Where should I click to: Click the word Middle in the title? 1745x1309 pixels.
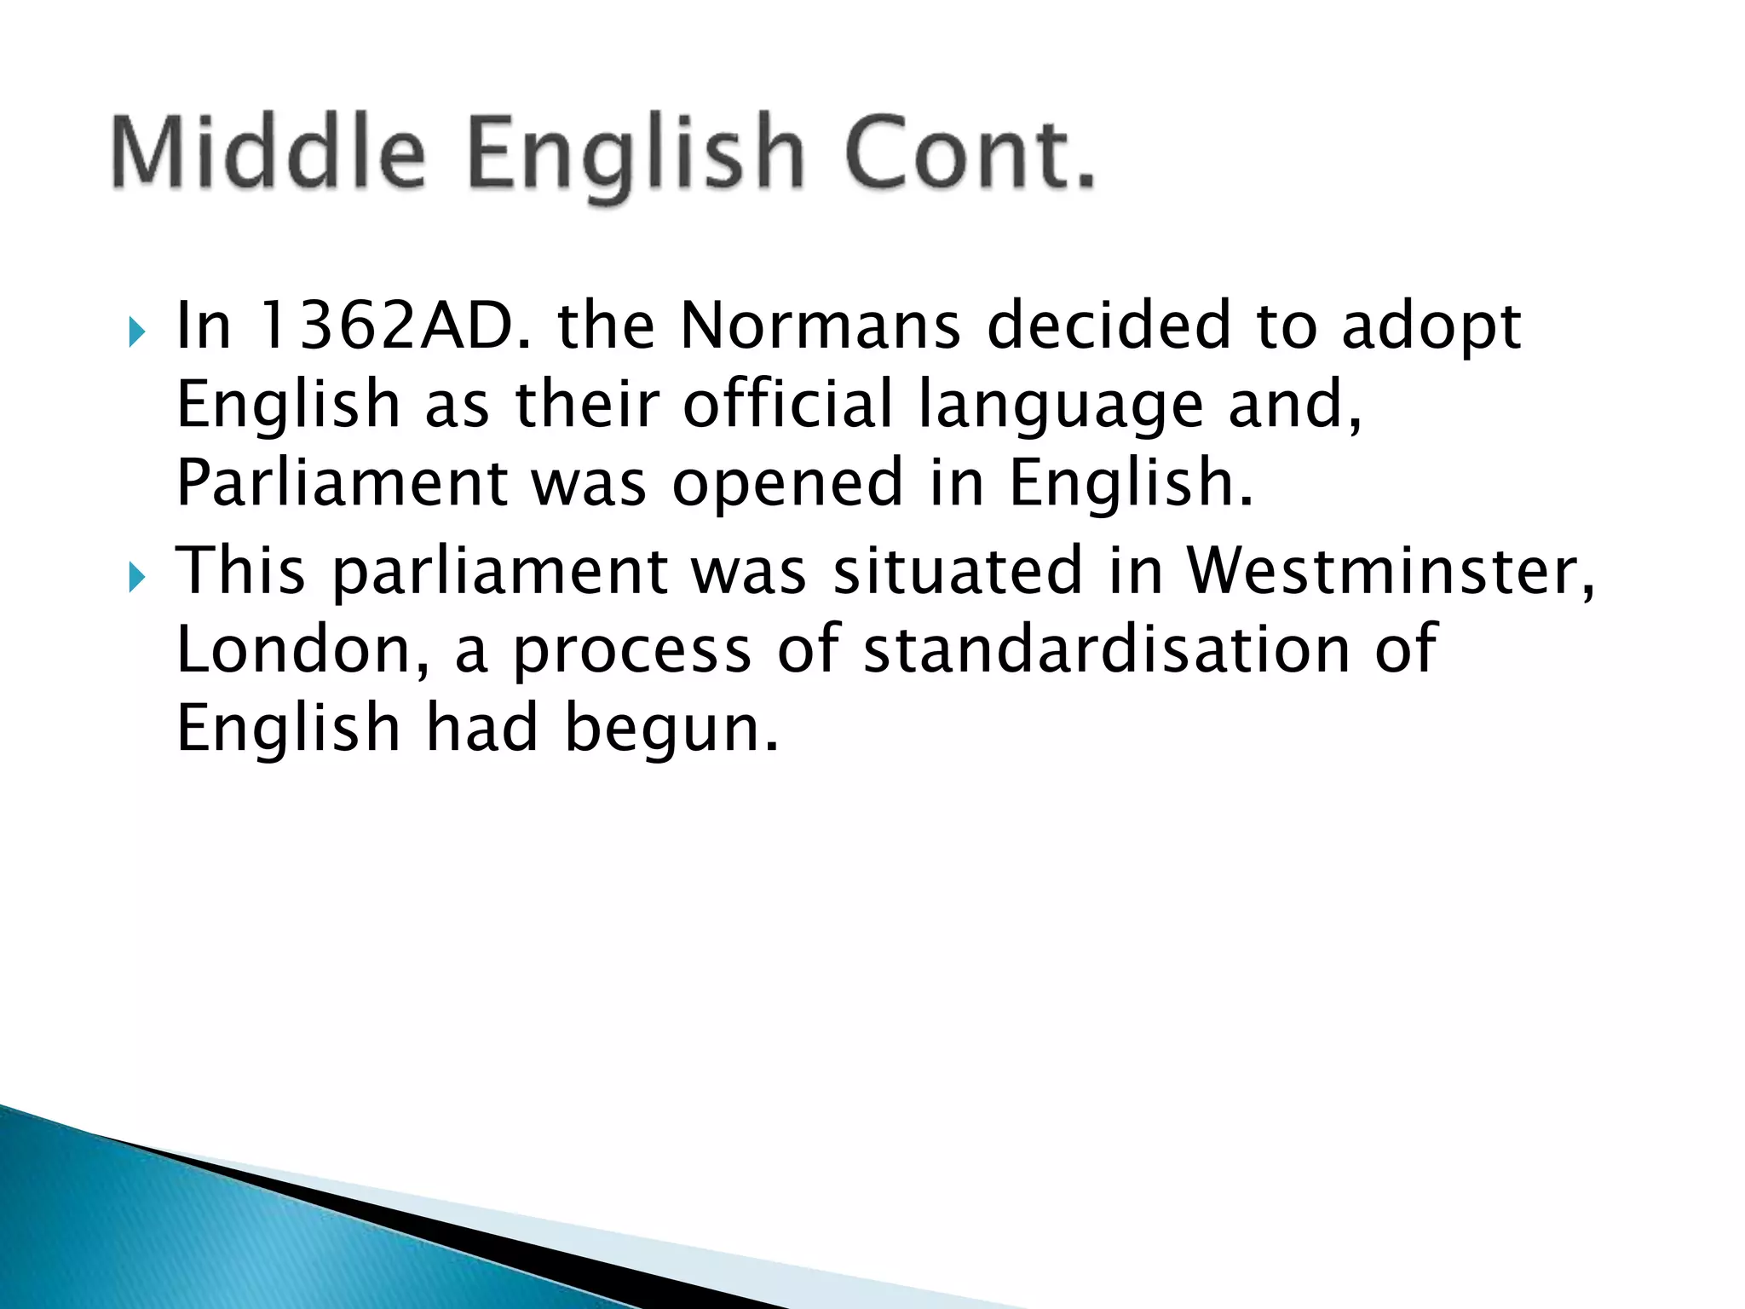pyautogui.click(x=268, y=153)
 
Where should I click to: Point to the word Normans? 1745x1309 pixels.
pyautogui.click(x=821, y=326)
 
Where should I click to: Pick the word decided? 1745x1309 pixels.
pyautogui.click(x=1109, y=326)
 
